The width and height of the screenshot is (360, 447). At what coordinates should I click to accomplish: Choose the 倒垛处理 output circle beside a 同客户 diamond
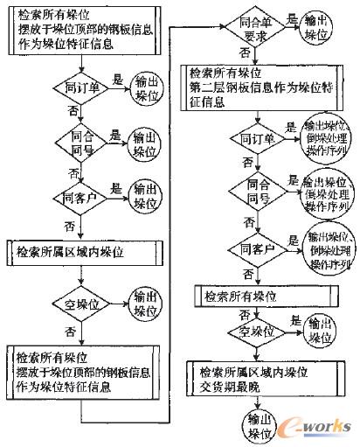328,246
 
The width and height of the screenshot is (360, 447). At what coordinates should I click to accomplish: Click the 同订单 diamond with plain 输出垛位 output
78,88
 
